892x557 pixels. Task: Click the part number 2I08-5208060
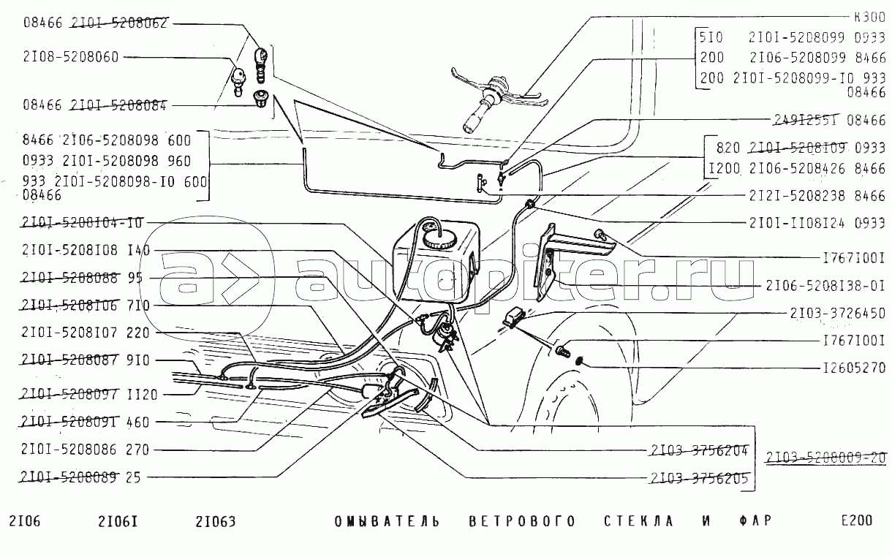tap(71, 58)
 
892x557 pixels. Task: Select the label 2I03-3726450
tap(837, 314)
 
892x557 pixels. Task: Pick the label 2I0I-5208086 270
tap(86, 450)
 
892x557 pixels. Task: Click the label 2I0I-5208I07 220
tap(86, 333)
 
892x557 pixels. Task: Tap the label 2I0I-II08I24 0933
tap(817, 223)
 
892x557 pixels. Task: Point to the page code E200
tap(856, 521)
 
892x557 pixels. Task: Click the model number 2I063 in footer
tap(215, 522)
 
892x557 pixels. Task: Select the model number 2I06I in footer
tap(118, 522)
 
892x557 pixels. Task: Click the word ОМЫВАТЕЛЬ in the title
tap(387, 522)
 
